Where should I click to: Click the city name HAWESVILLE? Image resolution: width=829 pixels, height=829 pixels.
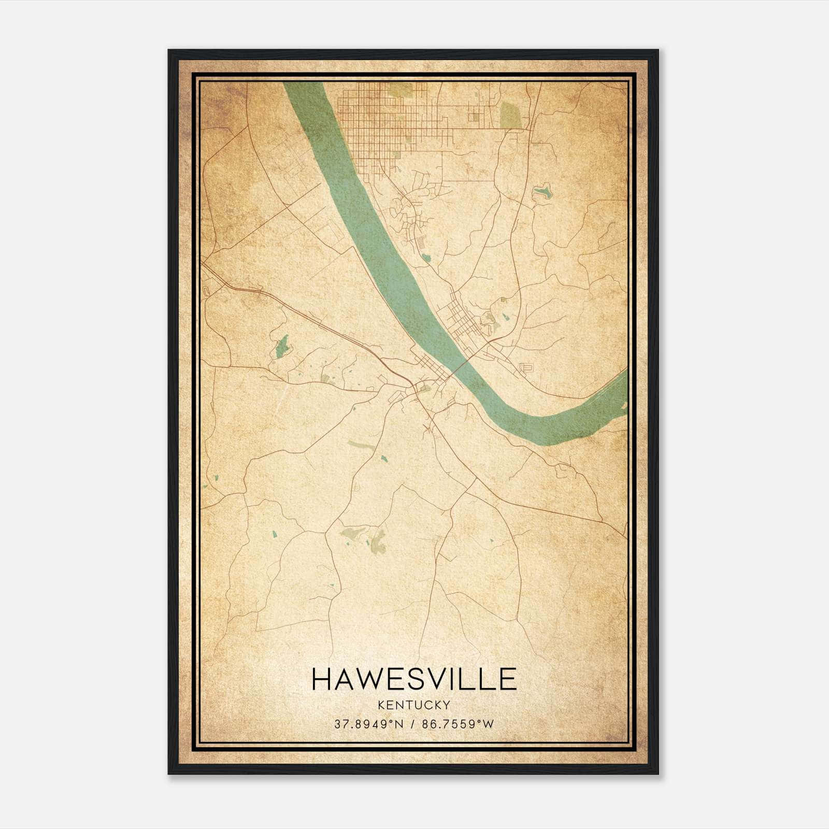point(414,679)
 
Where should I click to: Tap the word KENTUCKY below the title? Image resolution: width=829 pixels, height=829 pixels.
point(414,705)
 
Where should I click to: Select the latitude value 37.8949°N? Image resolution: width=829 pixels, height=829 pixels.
point(368,724)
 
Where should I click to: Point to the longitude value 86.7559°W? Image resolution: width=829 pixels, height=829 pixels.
point(459,724)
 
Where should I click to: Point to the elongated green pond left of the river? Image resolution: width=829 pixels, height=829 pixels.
point(282,346)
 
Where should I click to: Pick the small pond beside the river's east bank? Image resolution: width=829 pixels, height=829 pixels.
point(426,258)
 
